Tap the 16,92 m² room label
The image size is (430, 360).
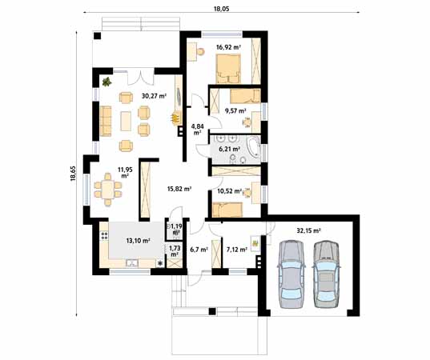pos(228,48)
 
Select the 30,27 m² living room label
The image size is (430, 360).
pos(154,96)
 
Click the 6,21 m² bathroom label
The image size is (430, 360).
pos(230,149)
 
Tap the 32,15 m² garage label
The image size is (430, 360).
pos(307,230)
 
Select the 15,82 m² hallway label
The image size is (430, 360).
pos(179,190)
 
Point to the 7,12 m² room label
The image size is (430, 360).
pos(237,250)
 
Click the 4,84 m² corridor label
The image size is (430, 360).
pos(199,130)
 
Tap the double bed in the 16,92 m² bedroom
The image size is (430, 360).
pos(227,72)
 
